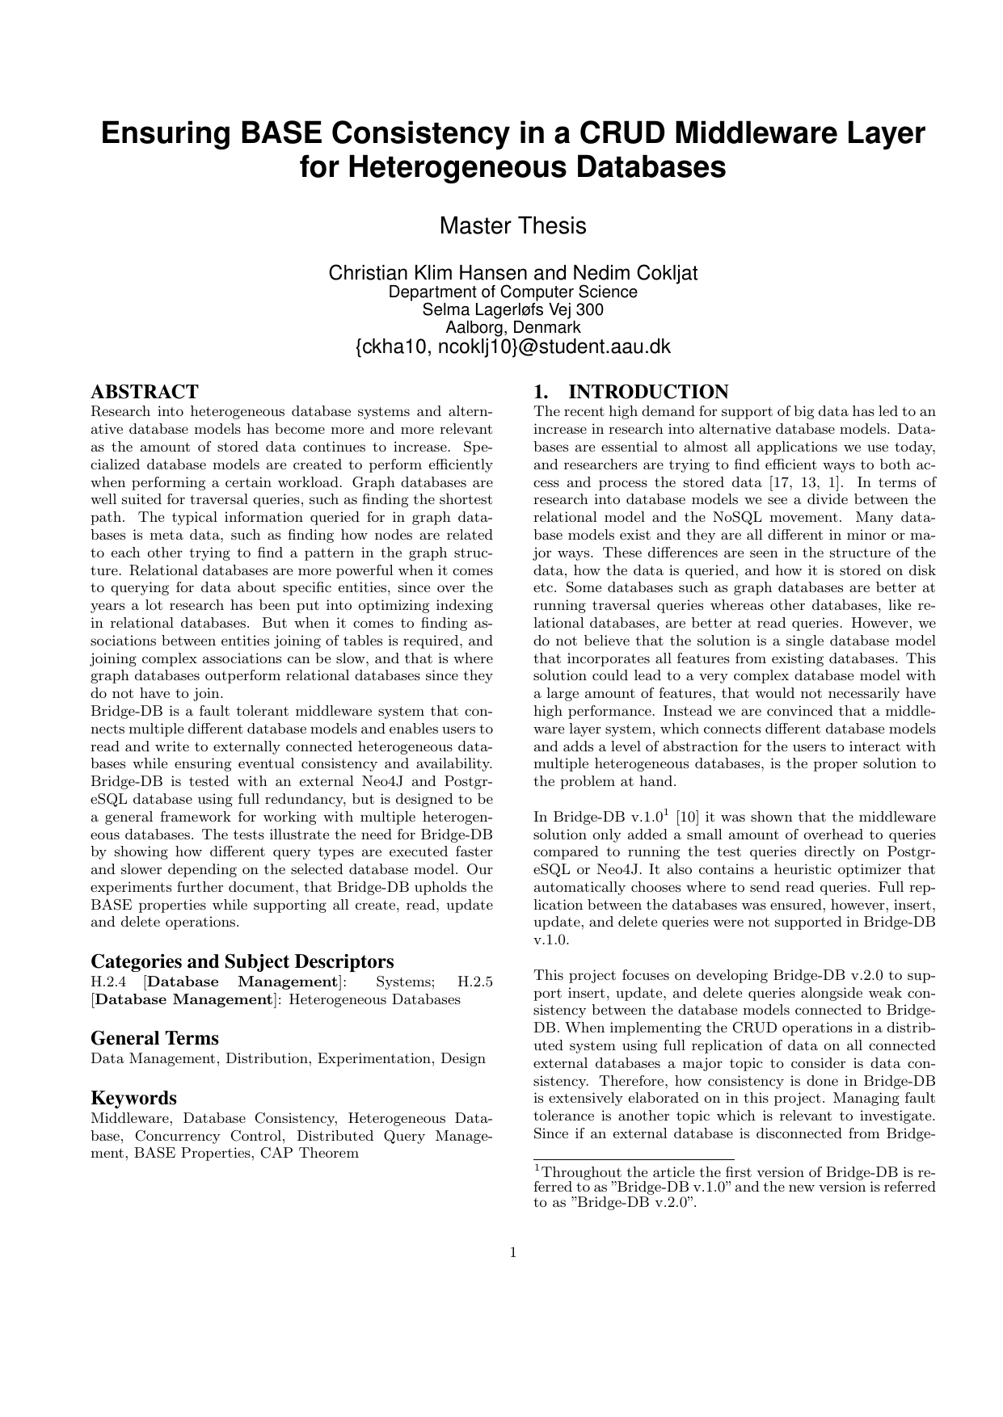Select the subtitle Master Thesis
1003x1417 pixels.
[x=512, y=225]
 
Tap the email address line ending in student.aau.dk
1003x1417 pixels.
[x=512, y=347]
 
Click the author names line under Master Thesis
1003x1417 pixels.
[x=512, y=273]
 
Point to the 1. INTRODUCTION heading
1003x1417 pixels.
[x=631, y=393]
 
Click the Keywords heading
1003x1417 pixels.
[x=133, y=1098]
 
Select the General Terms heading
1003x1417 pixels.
[x=154, y=1038]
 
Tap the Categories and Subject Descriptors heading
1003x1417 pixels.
[x=242, y=961]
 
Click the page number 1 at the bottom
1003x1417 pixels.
[x=512, y=1253]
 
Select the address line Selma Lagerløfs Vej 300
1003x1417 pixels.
[x=512, y=309]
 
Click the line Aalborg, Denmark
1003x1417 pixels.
[x=512, y=328]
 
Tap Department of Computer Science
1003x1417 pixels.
[x=512, y=292]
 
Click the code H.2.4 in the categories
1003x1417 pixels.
[x=106, y=982]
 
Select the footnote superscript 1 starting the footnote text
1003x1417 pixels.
[x=537, y=1168]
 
